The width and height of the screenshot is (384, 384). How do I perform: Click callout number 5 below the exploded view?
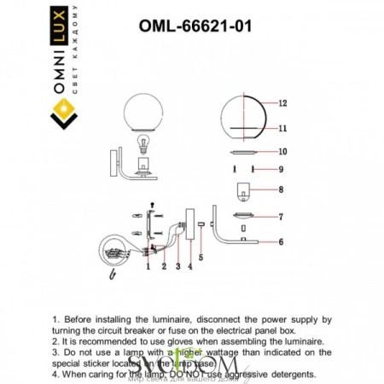click(200, 257)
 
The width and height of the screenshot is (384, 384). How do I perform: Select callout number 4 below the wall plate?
click(189, 266)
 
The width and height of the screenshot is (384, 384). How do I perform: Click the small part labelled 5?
click(200, 225)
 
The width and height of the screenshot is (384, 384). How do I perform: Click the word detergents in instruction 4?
click(290, 374)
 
